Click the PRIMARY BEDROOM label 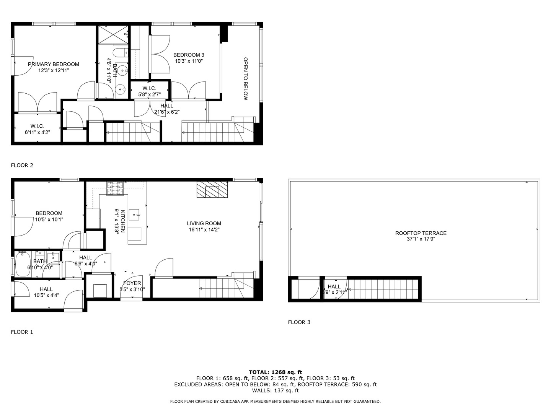[54, 64]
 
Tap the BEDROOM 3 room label [189, 55]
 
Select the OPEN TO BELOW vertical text [246, 79]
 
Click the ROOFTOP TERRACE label [421, 233]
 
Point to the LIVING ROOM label [204, 223]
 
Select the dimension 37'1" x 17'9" [421, 239]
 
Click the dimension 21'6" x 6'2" [167, 112]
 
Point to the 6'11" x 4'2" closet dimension [37, 132]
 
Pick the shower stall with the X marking [114, 34]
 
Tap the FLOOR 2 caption [22, 165]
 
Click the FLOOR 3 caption [299, 322]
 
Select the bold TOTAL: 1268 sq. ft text [275, 372]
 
